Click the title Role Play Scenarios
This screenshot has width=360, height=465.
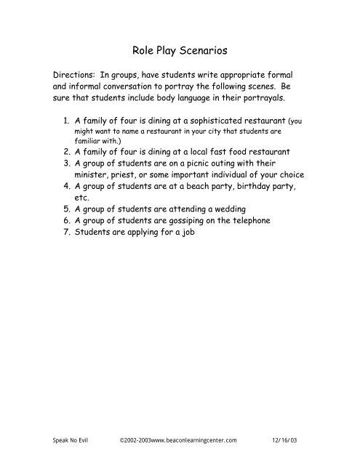(180, 52)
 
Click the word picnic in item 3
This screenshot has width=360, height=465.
(196, 163)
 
